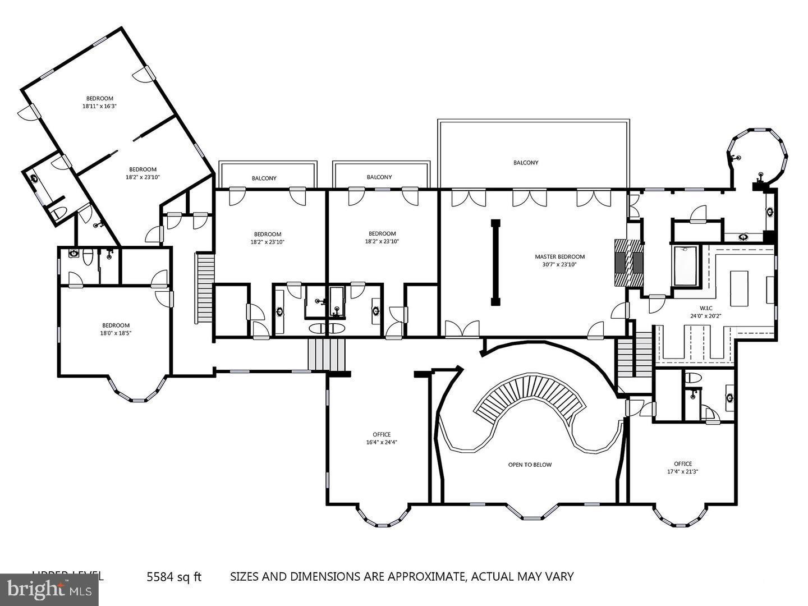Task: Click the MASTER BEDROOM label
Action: pyautogui.click(x=559, y=260)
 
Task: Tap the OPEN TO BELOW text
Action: pyautogui.click(x=530, y=465)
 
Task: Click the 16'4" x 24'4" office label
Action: pyautogui.click(x=382, y=438)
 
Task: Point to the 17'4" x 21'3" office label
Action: pyautogui.click(x=682, y=467)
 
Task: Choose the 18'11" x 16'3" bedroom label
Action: pyautogui.click(x=99, y=102)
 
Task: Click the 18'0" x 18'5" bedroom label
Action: pyautogui.click(x=116, y=329)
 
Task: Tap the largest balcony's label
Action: pyautogui.click(x=526, y=163)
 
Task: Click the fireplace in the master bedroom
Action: pyautogui.click(x=628, y=263)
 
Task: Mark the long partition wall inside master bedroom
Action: pyautogui.click(x=495, y=263)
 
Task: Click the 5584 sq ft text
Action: pyautogui.click(x=173, y=576)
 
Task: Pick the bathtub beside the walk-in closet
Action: pyautogui.click(x=684, y=266)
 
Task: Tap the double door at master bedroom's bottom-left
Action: pyautogui.click(x=462, y=329)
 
